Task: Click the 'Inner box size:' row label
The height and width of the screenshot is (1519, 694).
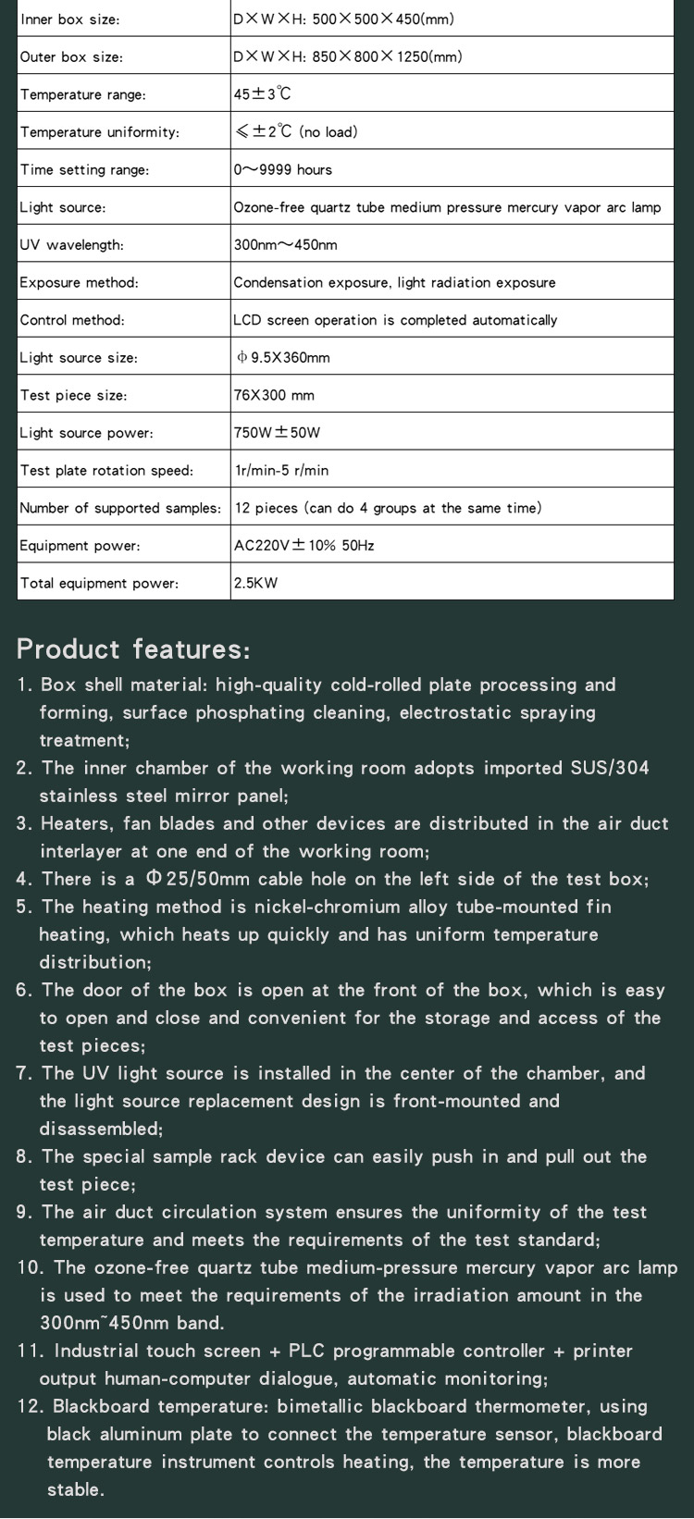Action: (x=70, y=19)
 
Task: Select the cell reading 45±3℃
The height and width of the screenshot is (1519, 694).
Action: (x=263, y=94)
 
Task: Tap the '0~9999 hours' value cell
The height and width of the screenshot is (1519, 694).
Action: (x=282, y=169)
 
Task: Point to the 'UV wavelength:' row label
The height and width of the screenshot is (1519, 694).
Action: (x=72, y=245)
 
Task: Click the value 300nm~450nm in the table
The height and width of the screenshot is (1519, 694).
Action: (x=285, y=245)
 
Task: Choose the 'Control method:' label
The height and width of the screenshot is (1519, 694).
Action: (x=72, y=320)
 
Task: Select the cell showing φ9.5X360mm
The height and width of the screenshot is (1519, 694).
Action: (x=283, y=358)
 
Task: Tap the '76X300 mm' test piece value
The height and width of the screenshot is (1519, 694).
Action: (x=274, y=395)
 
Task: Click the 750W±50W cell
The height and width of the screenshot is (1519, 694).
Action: (x=277, y=433)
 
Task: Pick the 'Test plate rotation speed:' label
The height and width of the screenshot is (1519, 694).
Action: (x=107, y=470)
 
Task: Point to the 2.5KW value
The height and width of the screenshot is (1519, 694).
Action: (x=255, y=583)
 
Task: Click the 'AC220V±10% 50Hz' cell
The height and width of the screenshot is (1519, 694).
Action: (x=304, y=546)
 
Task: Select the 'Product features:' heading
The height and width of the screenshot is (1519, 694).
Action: (x=133, y=648)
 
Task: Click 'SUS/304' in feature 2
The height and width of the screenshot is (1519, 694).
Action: (x=610, y=768)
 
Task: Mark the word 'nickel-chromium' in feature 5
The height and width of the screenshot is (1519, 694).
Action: (x=323, y=907)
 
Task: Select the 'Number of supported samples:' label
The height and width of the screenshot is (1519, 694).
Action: (x=120, y=508)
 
